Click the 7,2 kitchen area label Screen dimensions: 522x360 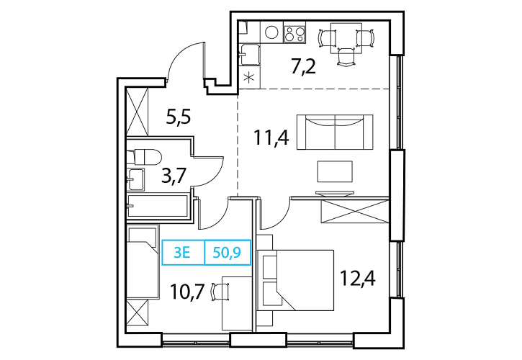point(303,68)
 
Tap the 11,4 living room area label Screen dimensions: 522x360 point(271,138)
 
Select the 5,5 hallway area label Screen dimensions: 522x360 point(178,117)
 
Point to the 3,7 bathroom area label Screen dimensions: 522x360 point(174,176)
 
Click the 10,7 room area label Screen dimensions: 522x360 point(186,292)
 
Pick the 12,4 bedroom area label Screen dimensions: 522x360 point(358,279)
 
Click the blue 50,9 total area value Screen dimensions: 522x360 point(227,253)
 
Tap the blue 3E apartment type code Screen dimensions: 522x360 point(182,253)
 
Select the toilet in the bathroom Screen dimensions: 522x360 point(144,156)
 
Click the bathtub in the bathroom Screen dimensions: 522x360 point(158,206)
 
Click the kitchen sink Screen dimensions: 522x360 point(250,55)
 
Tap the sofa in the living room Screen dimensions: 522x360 point(335,132)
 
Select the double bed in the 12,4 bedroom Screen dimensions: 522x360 point(296,280)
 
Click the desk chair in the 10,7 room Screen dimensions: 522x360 point(221,292)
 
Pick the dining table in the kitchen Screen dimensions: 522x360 point(346,38)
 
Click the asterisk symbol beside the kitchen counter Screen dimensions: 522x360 point(248,79)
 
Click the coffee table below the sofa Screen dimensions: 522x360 point(335,171)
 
